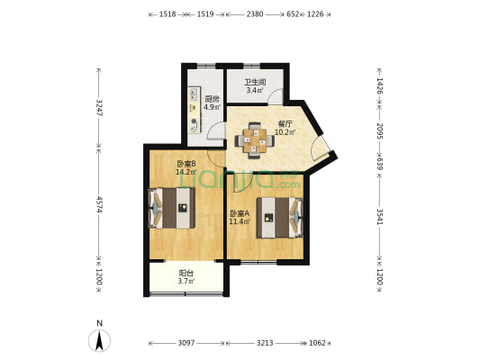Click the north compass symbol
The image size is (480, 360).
point(99,340)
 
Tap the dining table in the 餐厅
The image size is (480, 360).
point(254,140)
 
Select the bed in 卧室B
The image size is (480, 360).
point(171,208)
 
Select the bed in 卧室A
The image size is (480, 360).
point(280,218)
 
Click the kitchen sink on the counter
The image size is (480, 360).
point(193,94)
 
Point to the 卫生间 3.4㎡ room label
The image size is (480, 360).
point(255,85)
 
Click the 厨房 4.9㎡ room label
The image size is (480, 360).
point(213,103)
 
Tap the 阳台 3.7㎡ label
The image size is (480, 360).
point(186,277)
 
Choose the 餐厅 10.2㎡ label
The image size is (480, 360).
point(285,128)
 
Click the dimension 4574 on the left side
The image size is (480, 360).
point(99,204)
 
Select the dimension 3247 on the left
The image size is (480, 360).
point(99,108)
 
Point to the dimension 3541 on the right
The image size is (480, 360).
point(380,217)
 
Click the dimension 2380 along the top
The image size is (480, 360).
point(255,14)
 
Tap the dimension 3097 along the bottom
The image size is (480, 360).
point(186,343)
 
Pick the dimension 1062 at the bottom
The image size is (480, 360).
point(317,343)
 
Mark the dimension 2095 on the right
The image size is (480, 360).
point(380,131)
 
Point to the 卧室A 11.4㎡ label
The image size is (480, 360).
point(240,217)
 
